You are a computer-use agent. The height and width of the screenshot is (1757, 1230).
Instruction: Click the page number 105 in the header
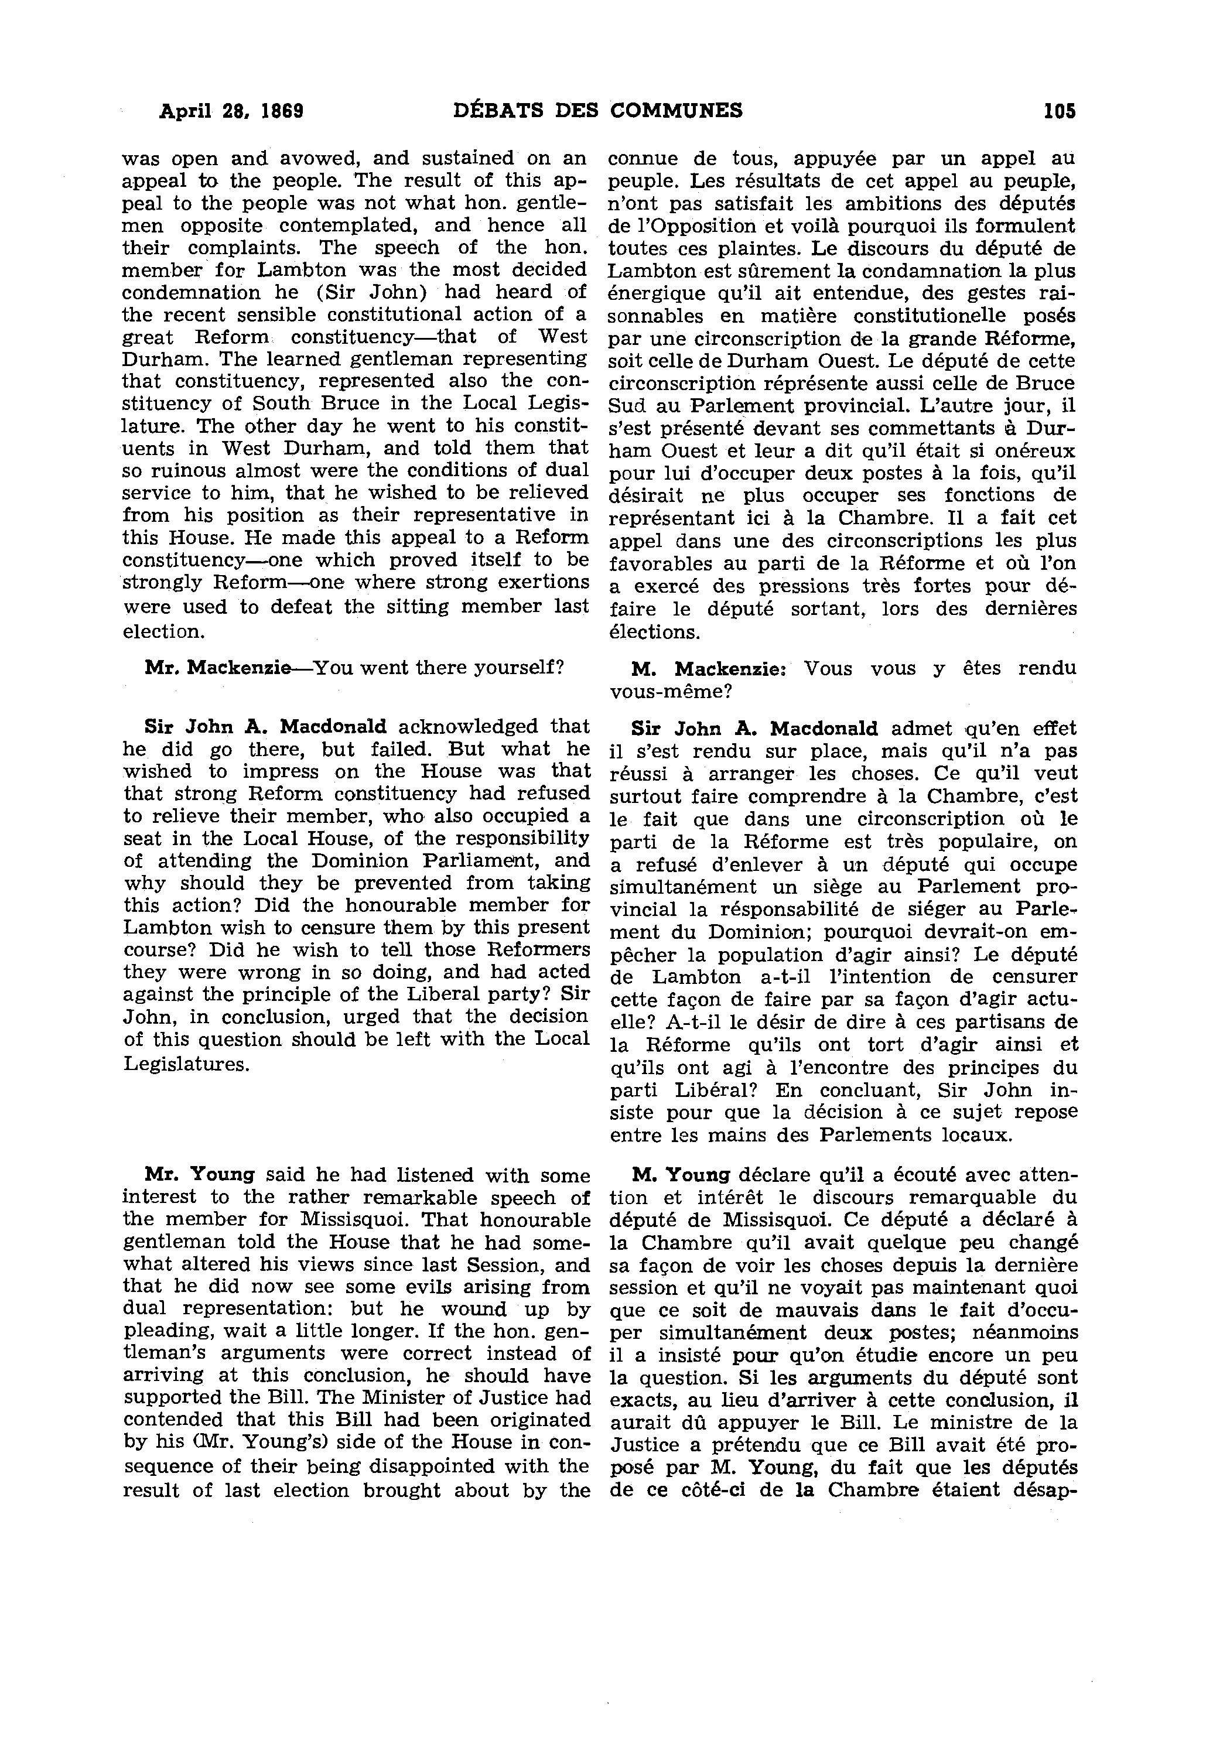pos(1058,111)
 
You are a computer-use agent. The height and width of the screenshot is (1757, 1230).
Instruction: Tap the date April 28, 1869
pos(231,111)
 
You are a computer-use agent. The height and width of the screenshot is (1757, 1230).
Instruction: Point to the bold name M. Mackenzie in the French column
pos(703,668)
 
